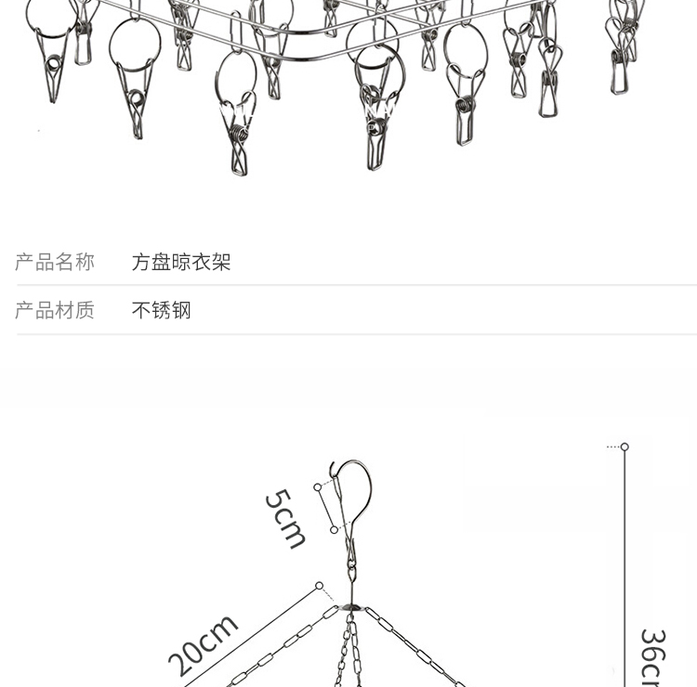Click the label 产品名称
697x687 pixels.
(55, 263)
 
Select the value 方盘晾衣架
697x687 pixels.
(181, 263)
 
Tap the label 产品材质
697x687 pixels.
(55, 310)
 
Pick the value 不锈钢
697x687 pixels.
(161, 310)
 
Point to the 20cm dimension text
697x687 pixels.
(203, 645)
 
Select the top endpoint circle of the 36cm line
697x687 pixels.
(625, 447)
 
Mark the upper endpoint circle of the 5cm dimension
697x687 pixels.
(318, 486)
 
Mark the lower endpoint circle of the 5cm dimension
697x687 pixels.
(334, 529)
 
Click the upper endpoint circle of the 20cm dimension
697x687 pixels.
(319, 586)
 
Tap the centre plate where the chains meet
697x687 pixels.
(351, 607)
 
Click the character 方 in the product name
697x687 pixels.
(141, 263)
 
